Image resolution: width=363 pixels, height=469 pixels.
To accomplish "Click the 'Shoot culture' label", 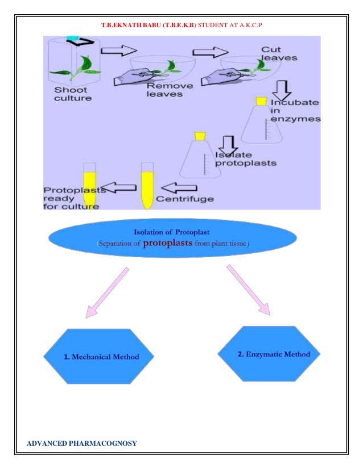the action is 73,94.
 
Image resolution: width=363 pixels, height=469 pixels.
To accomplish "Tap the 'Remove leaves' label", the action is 170,90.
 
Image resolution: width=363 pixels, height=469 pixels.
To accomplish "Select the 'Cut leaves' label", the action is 279,53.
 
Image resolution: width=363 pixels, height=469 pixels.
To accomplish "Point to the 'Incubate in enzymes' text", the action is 295,110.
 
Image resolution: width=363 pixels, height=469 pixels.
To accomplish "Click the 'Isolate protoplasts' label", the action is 245,159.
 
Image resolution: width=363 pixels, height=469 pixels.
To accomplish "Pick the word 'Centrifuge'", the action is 185,199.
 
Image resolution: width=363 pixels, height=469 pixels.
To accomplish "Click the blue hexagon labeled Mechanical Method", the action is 99,356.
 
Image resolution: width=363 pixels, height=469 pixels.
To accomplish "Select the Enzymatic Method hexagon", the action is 269,354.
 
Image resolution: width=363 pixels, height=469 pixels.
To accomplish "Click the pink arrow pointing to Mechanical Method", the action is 107,292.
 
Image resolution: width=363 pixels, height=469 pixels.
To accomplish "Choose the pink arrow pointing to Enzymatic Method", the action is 249,290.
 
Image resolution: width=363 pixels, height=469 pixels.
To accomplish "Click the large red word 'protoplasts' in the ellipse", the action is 168,242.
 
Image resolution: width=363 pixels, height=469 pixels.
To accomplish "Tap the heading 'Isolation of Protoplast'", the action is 171,232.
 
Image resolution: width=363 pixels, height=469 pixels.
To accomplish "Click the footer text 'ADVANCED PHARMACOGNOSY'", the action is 82,443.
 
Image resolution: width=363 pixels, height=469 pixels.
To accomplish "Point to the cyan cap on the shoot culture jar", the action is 72,38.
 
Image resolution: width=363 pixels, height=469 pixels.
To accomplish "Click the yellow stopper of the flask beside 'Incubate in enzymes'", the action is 261,101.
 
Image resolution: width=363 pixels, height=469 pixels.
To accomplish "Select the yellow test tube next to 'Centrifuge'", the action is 147,186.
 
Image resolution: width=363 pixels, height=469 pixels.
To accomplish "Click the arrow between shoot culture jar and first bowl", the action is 119,51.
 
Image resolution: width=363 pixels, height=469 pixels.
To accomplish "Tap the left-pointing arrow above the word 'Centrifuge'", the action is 179,188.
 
